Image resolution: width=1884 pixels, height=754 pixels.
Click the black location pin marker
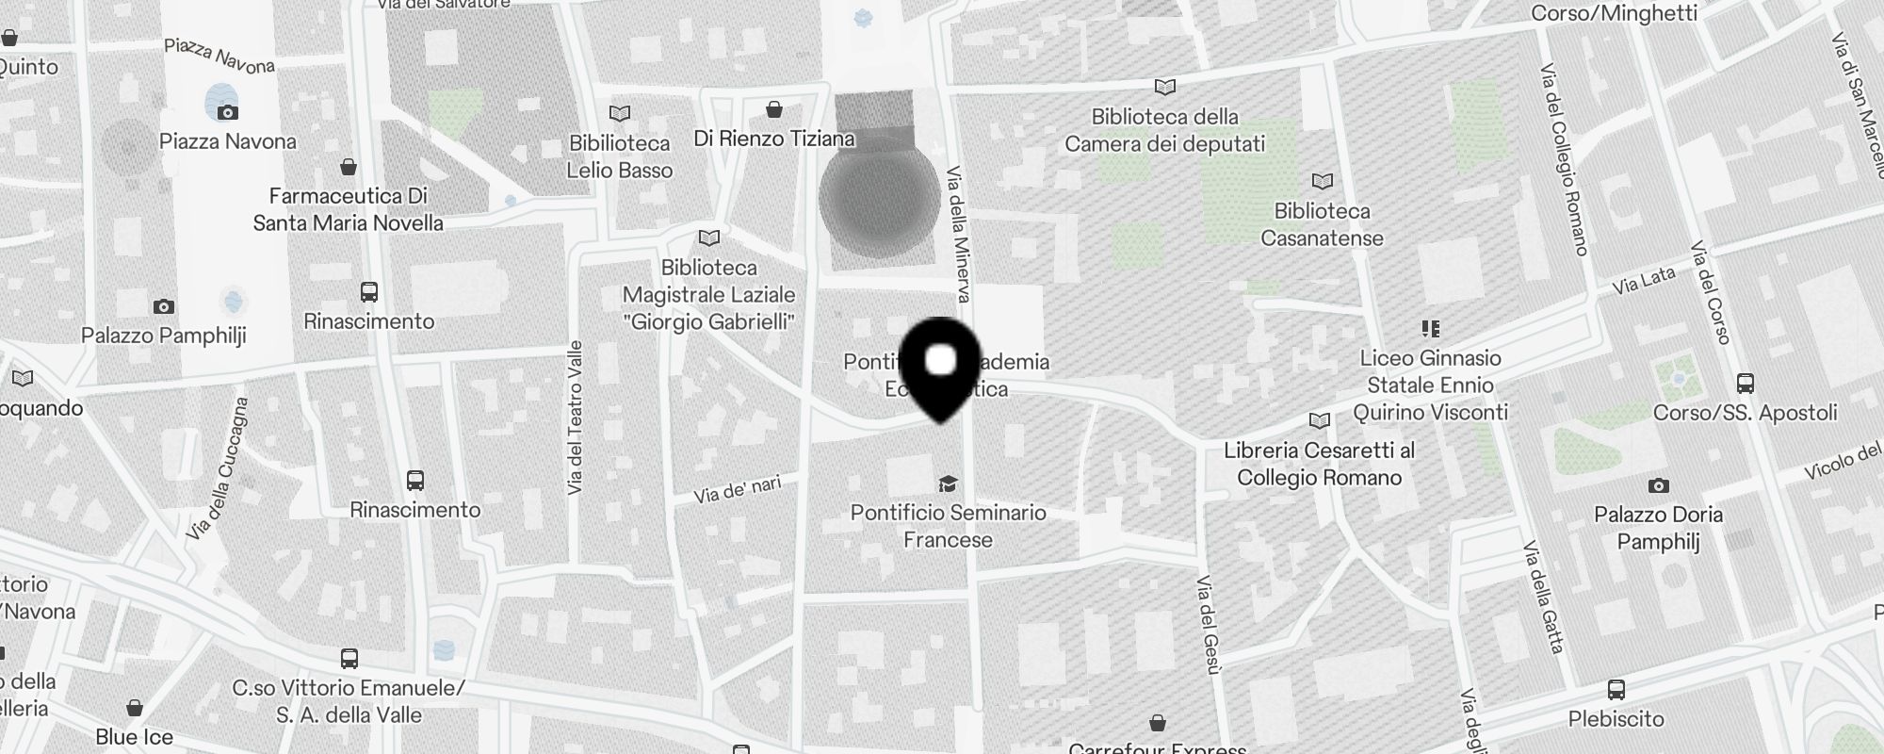(x=941, y=368)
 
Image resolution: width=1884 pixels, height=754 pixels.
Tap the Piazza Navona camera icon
(x=227, y=112)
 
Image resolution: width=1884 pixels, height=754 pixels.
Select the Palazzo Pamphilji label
(x=164, y=336)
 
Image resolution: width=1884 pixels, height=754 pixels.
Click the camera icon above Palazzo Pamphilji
(x=164, y=306)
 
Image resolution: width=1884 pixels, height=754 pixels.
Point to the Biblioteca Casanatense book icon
(x=1323, y=181)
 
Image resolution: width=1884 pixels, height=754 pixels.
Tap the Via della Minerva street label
(x=958, y=235)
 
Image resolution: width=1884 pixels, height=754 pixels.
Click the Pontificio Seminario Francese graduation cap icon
(x=948, y=484)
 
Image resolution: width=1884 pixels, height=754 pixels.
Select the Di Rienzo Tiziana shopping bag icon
(x=774, y=110)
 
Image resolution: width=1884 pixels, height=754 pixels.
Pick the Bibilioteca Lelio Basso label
(x=620, y=156)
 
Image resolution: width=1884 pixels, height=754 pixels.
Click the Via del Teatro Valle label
(x=576, y=418)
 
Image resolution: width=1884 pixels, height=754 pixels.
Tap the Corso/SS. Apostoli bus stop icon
(x=1745, y=384)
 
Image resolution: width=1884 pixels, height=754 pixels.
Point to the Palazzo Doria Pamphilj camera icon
(x=1658, y=486)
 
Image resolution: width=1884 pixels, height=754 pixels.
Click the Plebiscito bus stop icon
(x=1616, y=690)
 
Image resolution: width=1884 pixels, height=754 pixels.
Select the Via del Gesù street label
(x=1208, y=625)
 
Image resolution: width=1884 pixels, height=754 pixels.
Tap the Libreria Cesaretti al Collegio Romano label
(x=1319, y=464)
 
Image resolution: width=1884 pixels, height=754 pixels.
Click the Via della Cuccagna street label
(x=218, y=468)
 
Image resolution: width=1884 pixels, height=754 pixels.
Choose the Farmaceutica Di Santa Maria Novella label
(x=349, y=209)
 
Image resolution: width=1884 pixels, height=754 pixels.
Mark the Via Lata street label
(x=1644, y=279)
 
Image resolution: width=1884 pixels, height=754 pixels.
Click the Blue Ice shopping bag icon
(x=135, y=708)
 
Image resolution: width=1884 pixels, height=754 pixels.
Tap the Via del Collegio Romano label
(x=1564, y=159)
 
